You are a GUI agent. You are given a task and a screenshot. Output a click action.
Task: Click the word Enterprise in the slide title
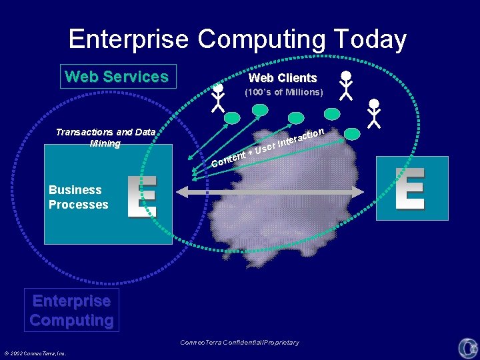(x=128, y=39)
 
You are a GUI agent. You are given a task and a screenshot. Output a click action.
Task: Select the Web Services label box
(x=117, y=77)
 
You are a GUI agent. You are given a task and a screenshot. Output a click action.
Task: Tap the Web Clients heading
(x=283, y=78)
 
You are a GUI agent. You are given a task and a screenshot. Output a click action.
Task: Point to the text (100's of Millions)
(x=283, y=92)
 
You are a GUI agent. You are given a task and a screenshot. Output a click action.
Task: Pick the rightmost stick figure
(x=375, y=113)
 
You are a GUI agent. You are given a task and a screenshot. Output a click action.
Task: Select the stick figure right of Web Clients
(x=345, y=86)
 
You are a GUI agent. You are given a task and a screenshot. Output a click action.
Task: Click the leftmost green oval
(x=231, y=118)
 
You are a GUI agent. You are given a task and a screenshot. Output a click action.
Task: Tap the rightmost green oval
(x=351, y=134)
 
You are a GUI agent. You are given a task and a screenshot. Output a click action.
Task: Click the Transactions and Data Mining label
(x=105, y=138)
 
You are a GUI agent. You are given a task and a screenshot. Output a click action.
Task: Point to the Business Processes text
(x=78, y=197)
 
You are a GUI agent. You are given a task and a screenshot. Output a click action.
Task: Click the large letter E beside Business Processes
(x=142, y=196)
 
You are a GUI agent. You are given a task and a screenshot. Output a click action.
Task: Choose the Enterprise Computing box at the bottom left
(x=71, y=310)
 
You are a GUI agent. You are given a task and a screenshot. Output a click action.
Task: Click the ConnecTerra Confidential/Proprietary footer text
(x=239, y=343)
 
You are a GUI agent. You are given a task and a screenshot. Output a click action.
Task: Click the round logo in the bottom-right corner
(x=467, y=347)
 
